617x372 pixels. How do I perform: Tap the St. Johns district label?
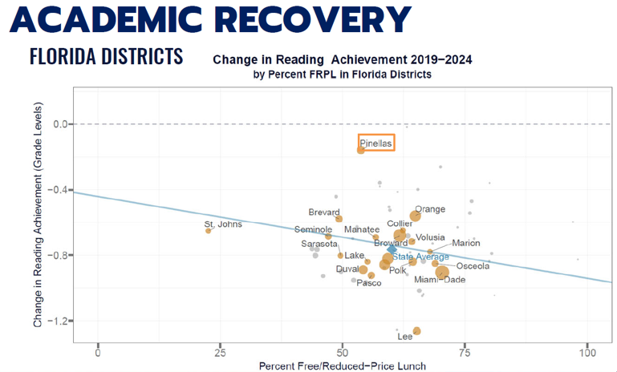coord(223,224)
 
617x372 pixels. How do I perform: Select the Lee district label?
coord(405,337)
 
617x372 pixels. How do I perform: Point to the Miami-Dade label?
coord(440,280)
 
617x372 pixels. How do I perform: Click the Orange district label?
coord(429,209)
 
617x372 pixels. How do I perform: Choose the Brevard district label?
coord(324,212)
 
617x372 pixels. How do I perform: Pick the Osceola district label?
coord(473,266)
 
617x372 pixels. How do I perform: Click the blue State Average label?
coord(420,257)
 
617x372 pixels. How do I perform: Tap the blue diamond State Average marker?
coord(392,249)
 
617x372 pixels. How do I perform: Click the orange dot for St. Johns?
coord(209,231)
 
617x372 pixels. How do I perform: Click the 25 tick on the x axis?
coord(220,353)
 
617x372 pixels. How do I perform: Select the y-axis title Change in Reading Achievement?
coord(38,218)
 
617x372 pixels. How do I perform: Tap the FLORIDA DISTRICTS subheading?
coord(106,57)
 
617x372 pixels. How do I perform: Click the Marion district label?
coord(465,243)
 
